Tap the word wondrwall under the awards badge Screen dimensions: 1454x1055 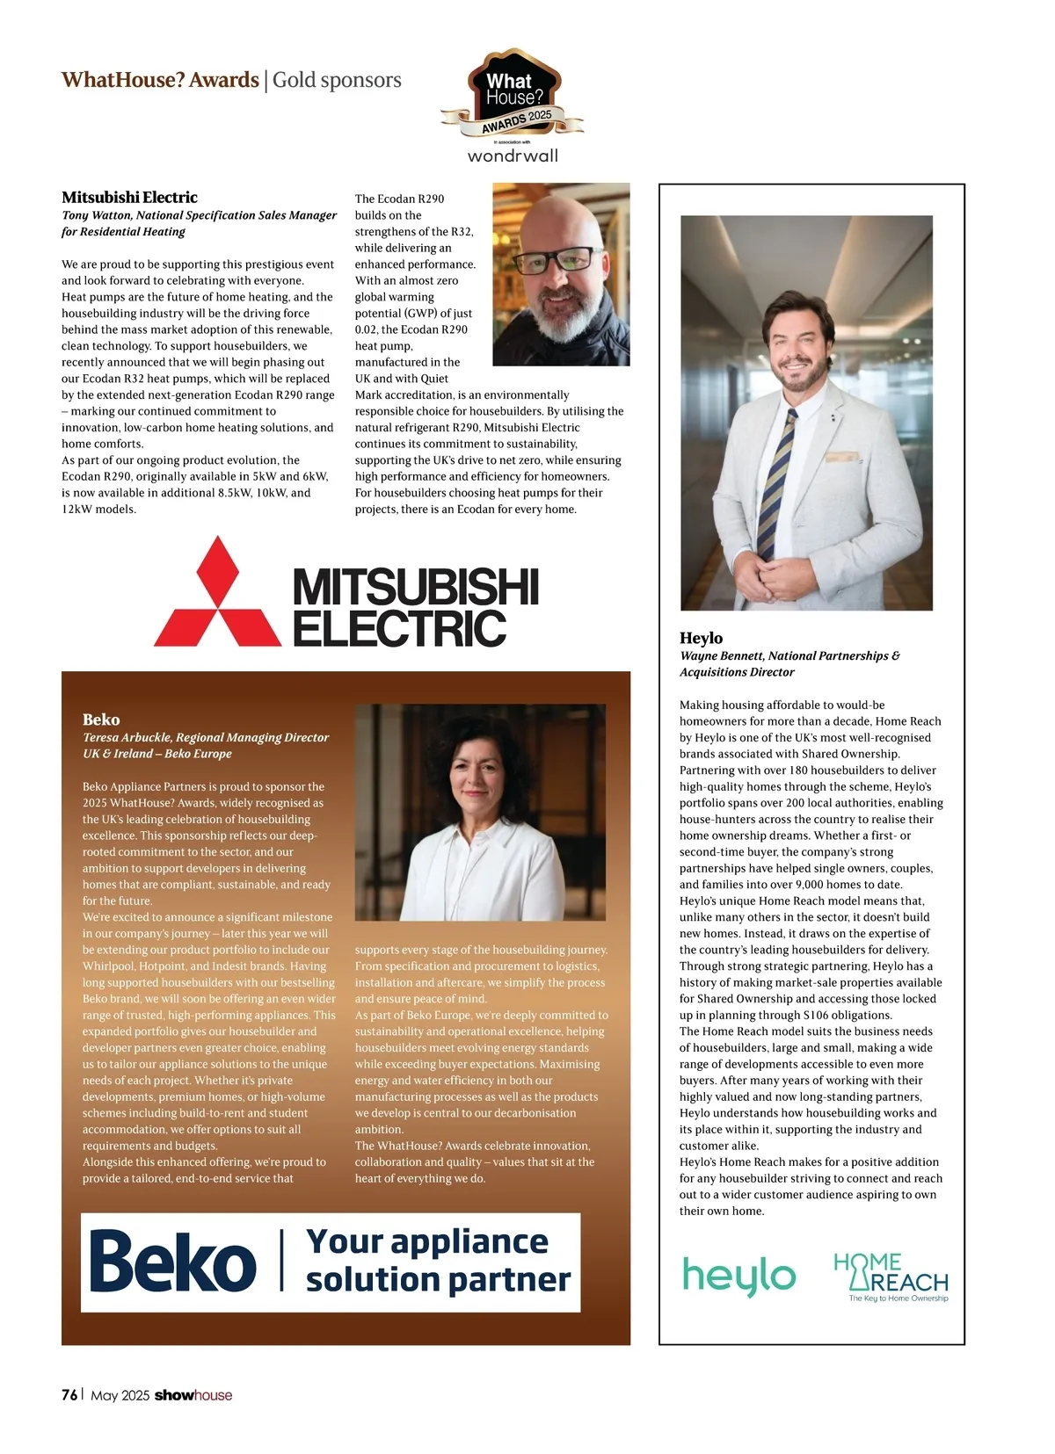point(513,156)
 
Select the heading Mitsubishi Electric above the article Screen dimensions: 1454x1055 point(129,197)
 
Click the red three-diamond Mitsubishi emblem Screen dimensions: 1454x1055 point(217,593)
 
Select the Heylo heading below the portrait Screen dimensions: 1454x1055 point(701,638)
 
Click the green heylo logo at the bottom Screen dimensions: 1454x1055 point(738,1276)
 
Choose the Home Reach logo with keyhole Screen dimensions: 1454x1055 point(890,1277)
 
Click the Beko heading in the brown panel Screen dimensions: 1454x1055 point(101,719)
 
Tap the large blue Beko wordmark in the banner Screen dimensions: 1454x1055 point(173,1262)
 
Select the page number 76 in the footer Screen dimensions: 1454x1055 point(69,1395)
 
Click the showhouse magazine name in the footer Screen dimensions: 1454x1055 point(193,1395)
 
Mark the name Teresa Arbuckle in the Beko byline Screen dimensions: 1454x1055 point(127,737)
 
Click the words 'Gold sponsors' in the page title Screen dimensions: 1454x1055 point(337,80)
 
